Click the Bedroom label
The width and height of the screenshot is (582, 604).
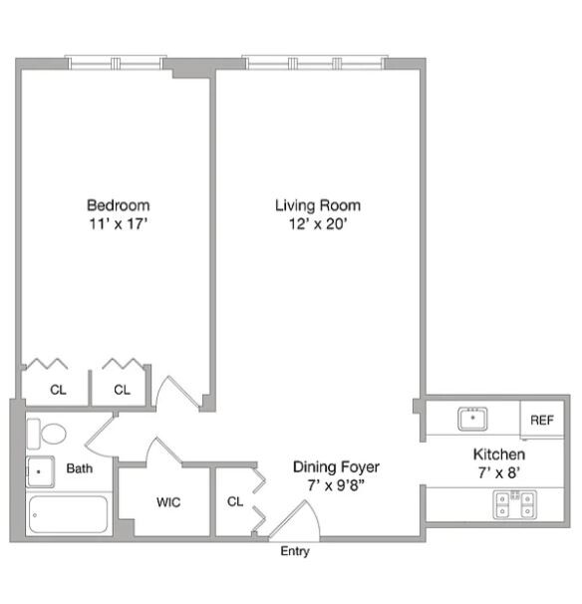tap(117, 205)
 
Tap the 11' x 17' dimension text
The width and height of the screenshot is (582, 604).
tap(117, 224)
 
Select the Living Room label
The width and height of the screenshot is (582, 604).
tap(318, 205)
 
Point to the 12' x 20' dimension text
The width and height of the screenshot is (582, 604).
tap(318, 224)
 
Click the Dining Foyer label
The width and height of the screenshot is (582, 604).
tap(336, 465)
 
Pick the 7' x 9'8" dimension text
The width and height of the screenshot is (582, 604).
tap(336, 484)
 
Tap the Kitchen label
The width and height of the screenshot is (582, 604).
tap(498, 454)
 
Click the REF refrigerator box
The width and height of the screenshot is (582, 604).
tap(542, 420)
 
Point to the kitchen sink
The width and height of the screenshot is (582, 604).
tap(472, 419)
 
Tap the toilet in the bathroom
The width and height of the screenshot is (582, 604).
tap(47, 434)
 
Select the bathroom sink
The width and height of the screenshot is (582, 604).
tap(40, 468)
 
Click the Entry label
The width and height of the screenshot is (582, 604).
tap(295, 551)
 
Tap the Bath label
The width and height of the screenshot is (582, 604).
tap(80, 468)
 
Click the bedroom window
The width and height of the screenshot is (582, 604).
tap(116, 63)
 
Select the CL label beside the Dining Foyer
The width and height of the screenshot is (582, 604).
tap(235, 501)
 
